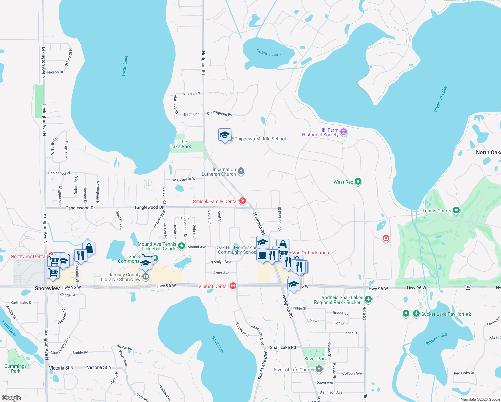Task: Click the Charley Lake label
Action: coord(268,53)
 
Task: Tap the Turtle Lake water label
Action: coord(125,66)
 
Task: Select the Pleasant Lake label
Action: coord(440,99)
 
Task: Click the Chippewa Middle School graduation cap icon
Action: coord(225,135)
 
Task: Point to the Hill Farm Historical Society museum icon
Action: coord(343,132)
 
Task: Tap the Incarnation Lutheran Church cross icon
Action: coord(241,172)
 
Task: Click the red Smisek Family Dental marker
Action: coord(243,201)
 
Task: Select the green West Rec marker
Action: coord(358,182)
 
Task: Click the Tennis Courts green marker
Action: coord(456,210)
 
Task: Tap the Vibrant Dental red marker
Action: coord(233,286)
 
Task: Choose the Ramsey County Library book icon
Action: coord(145,277)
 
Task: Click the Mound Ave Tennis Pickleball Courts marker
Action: coord(182,246)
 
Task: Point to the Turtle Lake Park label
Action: coord(181,144)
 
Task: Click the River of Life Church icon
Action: coord(319,369)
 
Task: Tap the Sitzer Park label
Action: coord(315,359)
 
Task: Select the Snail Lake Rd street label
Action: coord(283,347)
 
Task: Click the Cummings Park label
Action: coord(15,368)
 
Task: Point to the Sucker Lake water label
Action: coord(436,339)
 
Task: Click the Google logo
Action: coord(11,398)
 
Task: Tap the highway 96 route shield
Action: coord(468,287)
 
